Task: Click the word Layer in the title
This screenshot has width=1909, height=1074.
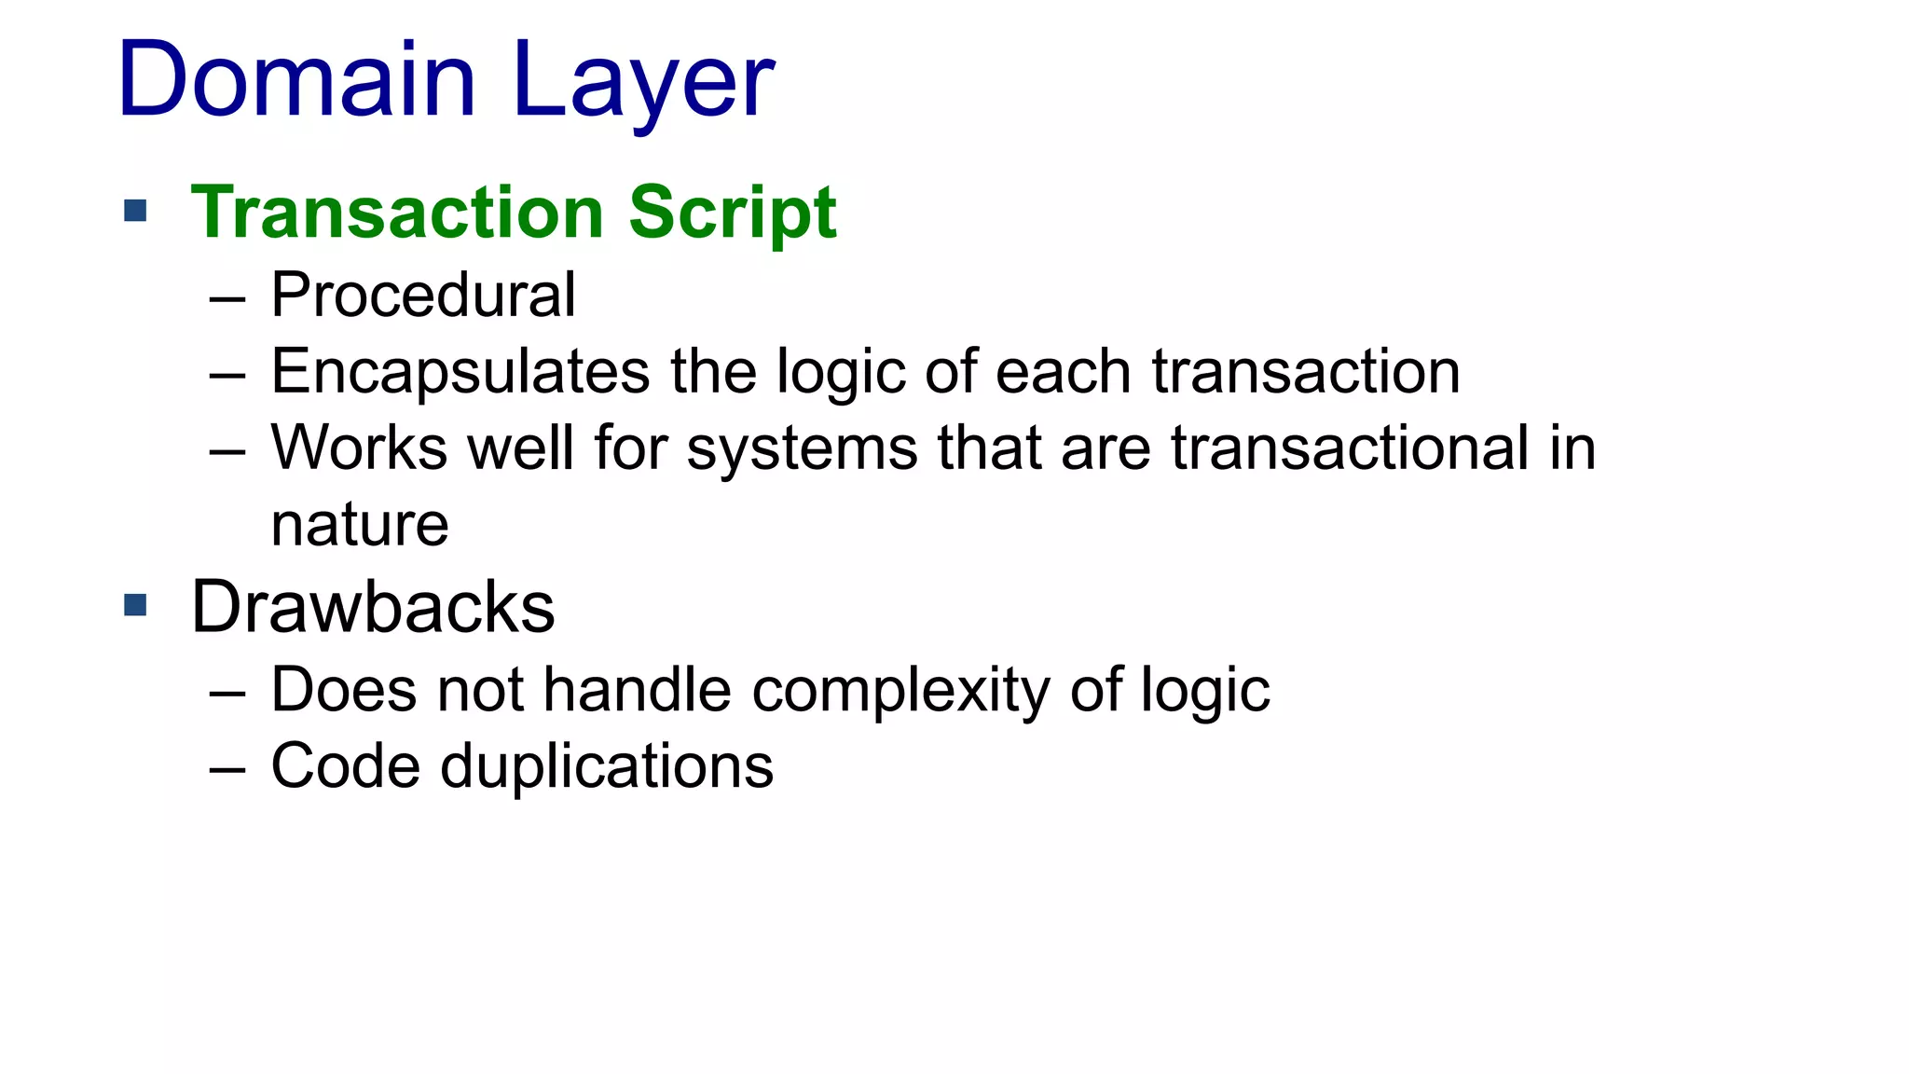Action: tap(643, 84)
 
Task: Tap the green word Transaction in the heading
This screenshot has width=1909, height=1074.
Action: tap(398, 213)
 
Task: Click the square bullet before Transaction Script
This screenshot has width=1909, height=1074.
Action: tap(135, 211)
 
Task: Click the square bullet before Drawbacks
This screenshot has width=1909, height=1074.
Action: tap(135, 606)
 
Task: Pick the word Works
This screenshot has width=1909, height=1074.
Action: tap(359, 447)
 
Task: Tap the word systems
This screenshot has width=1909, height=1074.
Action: tap(802, 449)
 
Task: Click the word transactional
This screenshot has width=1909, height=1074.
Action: tap(1349, 447)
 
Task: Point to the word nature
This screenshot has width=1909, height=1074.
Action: tap(360, 525)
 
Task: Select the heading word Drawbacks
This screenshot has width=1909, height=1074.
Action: tap(373, 608)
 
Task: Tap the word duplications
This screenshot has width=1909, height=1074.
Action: tap(606, 767)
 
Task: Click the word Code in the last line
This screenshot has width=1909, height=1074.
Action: tap(346, 767)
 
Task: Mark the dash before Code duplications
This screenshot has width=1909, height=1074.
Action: tap(227, 771)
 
